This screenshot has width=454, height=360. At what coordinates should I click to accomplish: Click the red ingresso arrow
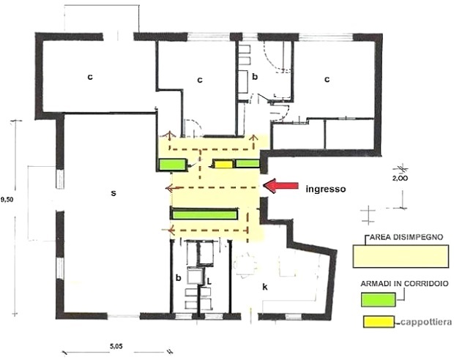click(x=281, y=186)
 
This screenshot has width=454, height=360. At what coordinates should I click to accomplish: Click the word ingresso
click(x=326, y=190)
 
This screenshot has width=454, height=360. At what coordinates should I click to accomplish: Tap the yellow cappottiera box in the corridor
click(x=223, y=164)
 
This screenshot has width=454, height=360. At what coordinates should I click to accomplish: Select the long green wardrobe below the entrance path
click(x=204, y=214)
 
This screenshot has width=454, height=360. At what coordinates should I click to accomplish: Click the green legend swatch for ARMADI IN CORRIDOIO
click(x=378, y=299)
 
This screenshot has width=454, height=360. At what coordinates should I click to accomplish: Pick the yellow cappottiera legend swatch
click(x=379, y=322)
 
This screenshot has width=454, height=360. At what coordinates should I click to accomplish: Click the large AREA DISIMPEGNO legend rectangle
click(x=401, y=256)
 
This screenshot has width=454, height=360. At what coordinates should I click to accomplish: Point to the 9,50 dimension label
click(x=7, y=199)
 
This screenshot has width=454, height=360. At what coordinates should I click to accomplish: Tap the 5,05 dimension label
click(x=116, y=346)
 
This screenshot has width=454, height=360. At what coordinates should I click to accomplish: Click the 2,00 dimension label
click(x=400, y=179)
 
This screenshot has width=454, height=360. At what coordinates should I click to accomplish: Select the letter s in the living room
click(x=113, y=193)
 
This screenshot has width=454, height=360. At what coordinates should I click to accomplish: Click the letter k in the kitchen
click(x=264, y=287)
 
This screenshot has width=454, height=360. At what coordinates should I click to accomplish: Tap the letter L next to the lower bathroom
click(x=209, y=281)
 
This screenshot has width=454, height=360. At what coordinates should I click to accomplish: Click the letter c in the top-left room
click(x=90, y=77)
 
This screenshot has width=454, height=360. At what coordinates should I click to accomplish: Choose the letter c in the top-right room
click(x=327, y=79)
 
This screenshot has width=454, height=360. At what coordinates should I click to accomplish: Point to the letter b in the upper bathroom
click(x=255, y=77)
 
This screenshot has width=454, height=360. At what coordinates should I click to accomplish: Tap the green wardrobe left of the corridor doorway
click(x=172, y=165)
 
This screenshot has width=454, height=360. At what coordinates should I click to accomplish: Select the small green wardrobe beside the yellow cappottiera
click(x=248, y=163)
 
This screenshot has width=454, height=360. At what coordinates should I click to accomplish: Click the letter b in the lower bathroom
click(x=179, y=278)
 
